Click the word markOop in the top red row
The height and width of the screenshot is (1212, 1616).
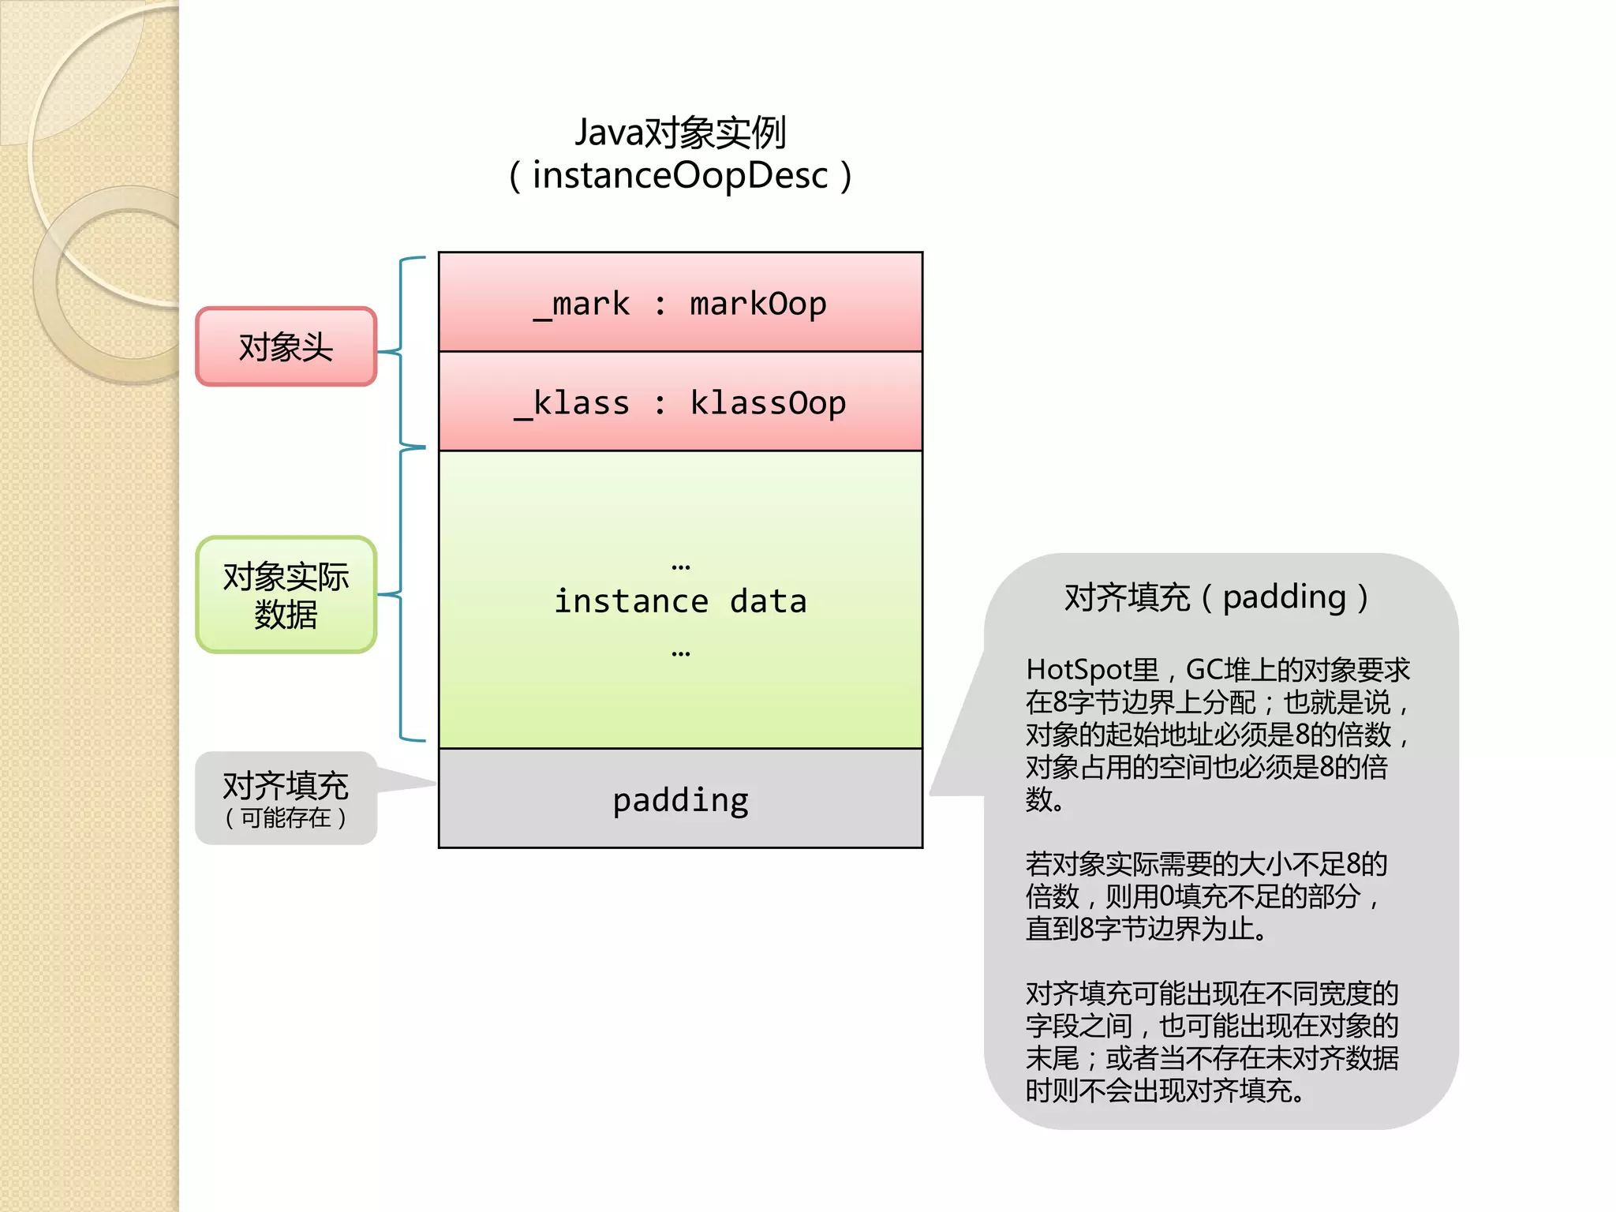pyautogui.click(x=757, y=305)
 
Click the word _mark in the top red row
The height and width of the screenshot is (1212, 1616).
pyautogui.click(x=582, y=305)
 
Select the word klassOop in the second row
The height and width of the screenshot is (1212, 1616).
pyautogui.click(x=767, y=403)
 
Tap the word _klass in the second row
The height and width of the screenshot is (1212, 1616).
pyautogui.click(x=572, y=403)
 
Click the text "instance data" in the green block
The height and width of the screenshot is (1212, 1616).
pyautogui.click(x=680, y=601)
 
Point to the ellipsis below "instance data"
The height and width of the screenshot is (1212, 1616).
pyautogui.click(x=680, y=653)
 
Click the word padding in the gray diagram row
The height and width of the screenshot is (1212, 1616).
pyautogui.click(x=680, y=800)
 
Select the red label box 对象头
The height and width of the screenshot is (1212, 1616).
pyautogui.click(x=286, y=347)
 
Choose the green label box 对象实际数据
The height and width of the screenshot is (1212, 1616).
pyautogui.click(x=286, y=595)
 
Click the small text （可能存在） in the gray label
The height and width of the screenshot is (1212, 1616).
pyautogui.click(x=286, y=818)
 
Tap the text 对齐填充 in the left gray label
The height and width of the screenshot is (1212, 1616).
pyautogui.click(x=286, y=785)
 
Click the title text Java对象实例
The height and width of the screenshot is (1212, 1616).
pyautogui.click(x=680, y=133)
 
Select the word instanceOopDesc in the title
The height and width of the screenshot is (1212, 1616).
pyautogui.click(x=680, y=175)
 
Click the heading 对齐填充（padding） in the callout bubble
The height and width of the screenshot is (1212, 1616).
pyautogui.click(x=1216, y=597)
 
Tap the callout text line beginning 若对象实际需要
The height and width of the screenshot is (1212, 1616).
pyautogui.click(x=1206, y=864)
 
